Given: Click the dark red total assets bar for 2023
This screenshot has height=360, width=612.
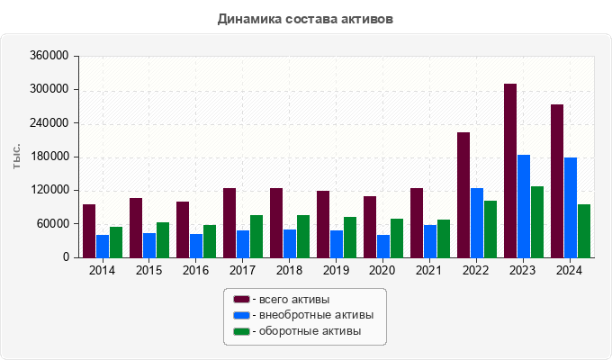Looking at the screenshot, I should tap(510, 170).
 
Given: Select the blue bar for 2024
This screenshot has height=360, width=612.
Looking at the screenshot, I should tap(571, 207).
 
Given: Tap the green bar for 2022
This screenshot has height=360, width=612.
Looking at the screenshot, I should tap(490, 229).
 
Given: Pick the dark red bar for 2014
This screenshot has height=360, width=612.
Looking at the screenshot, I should tap(89, 230).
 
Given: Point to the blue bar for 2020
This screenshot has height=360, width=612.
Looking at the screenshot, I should tap(383, 246).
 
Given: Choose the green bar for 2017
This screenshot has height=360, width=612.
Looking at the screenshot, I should tap(256, 236).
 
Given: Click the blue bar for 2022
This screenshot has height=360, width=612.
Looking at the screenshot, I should tap(477, 222).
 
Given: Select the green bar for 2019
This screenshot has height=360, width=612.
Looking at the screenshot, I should tap(350, 237).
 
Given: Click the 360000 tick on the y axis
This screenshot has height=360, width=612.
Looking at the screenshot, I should tap(50, 56).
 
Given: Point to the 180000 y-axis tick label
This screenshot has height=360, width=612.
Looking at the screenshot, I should tap(50, 157).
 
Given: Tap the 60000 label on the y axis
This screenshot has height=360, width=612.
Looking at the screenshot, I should tap(53, 224).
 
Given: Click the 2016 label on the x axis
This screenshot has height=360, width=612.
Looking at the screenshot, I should tap(195, 271).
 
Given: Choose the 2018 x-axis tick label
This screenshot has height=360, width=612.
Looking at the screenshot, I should tap(289, 271).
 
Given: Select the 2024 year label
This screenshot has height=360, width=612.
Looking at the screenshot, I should tap(570, 271).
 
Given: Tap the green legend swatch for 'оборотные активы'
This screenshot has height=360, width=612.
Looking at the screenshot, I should tap(241, 331).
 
